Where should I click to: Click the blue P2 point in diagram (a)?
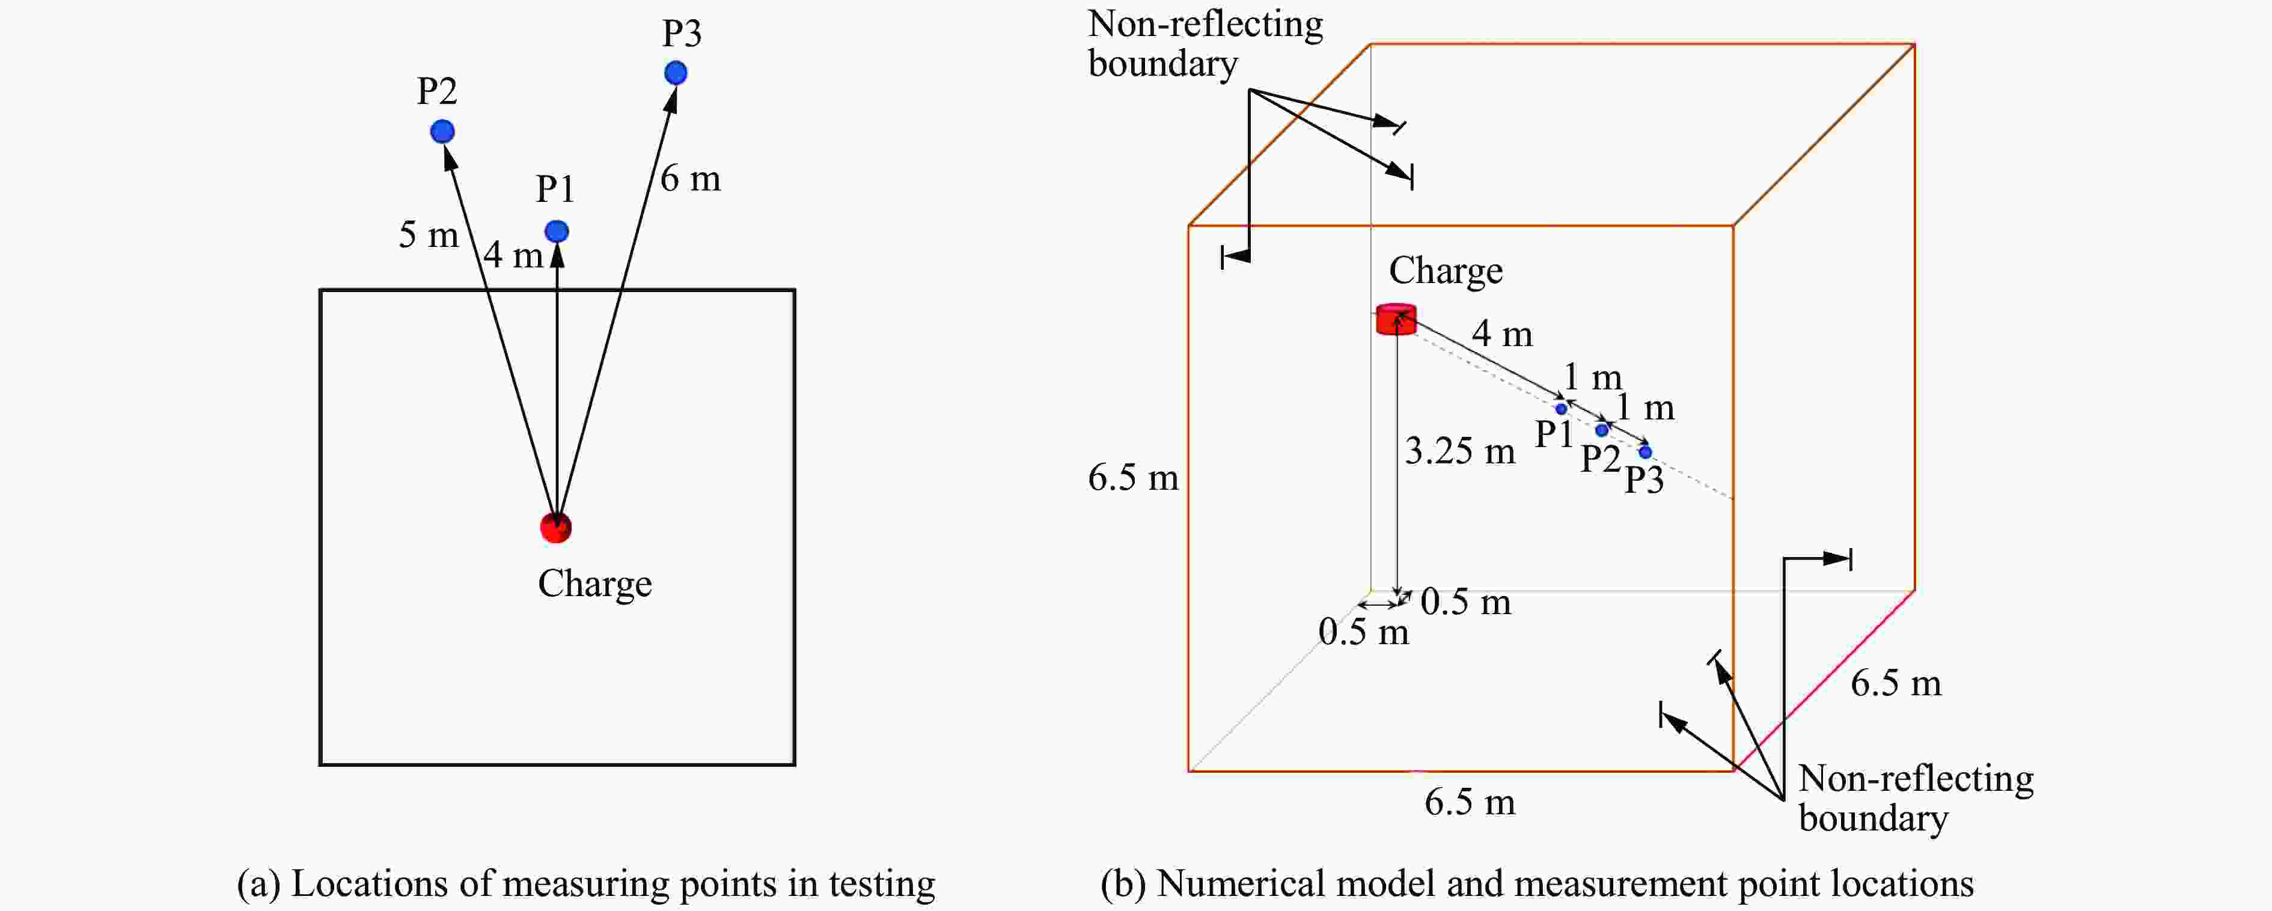coord(442,132)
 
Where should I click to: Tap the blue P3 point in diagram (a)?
coord(676,72)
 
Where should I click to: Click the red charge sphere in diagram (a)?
coord(555,528)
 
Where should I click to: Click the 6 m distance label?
coord(690,179)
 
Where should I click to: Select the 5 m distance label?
coord(429,234)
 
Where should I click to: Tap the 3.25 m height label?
coord(1460,451)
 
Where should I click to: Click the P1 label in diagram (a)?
coord(555,189)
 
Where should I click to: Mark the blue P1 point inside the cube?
coord(1561,408)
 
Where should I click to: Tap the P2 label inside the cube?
coord(1600,459)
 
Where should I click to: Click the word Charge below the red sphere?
coord(594,584)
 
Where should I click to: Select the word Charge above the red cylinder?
coord(1446,271)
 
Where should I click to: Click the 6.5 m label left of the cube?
coord(1132,478)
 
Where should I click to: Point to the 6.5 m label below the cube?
coord(1470,802)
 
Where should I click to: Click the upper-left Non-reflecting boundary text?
coord(1205,44)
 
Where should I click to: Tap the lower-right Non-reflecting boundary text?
coord(1916,798)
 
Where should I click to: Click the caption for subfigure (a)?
coord(585,884)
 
